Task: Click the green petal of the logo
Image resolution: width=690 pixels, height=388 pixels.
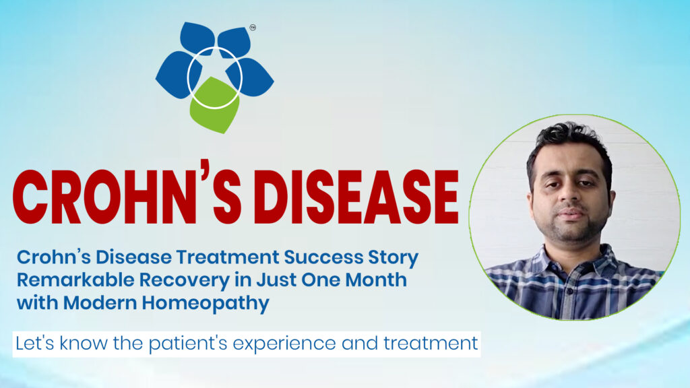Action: (x=214, y=108)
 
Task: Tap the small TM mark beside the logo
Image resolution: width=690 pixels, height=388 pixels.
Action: (x=253, y=28)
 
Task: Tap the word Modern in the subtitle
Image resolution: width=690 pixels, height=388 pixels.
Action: (x=108, y=302)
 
